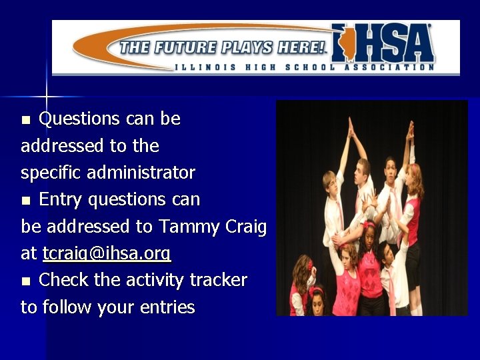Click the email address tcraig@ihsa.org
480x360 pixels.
click(107, 254)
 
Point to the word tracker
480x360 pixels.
click(217, 280)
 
